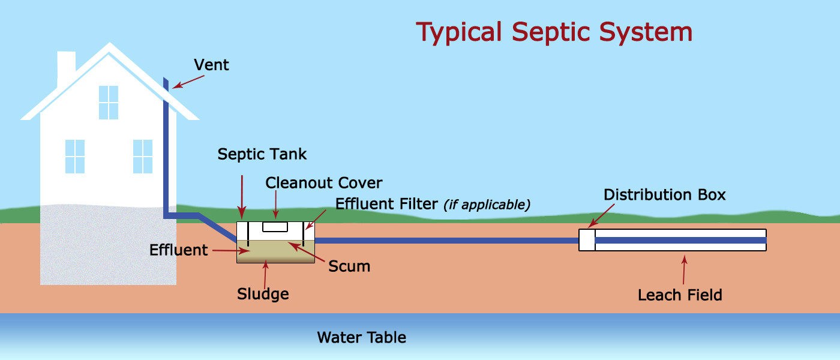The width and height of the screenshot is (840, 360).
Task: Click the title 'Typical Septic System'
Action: pos(554,32)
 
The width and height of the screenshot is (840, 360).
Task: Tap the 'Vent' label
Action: pos(211,65)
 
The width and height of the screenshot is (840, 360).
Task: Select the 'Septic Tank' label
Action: pos(262,154)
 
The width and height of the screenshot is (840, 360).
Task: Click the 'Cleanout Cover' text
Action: pos(323,182)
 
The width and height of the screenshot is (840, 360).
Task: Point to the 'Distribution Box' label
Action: pos(664,195)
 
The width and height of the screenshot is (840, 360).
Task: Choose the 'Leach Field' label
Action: pos(679,295)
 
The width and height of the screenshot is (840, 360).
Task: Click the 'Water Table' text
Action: pos(361,338)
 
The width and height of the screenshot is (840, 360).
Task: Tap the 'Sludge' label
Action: pos(263,294)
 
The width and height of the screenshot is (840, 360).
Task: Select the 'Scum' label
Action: pos(349,266)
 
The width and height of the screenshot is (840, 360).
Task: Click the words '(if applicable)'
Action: pos(487,205)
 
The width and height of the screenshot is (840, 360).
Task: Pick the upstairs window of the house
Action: pos(109,102)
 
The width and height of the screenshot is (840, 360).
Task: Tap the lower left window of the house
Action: pos(75,156)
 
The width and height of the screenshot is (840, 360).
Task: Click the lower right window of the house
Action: pos(143,156)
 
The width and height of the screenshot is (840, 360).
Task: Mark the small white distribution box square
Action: pos(586,240)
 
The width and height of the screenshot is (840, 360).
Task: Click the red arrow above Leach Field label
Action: pos(684,270)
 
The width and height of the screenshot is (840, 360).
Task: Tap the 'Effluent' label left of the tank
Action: pos(178,250)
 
